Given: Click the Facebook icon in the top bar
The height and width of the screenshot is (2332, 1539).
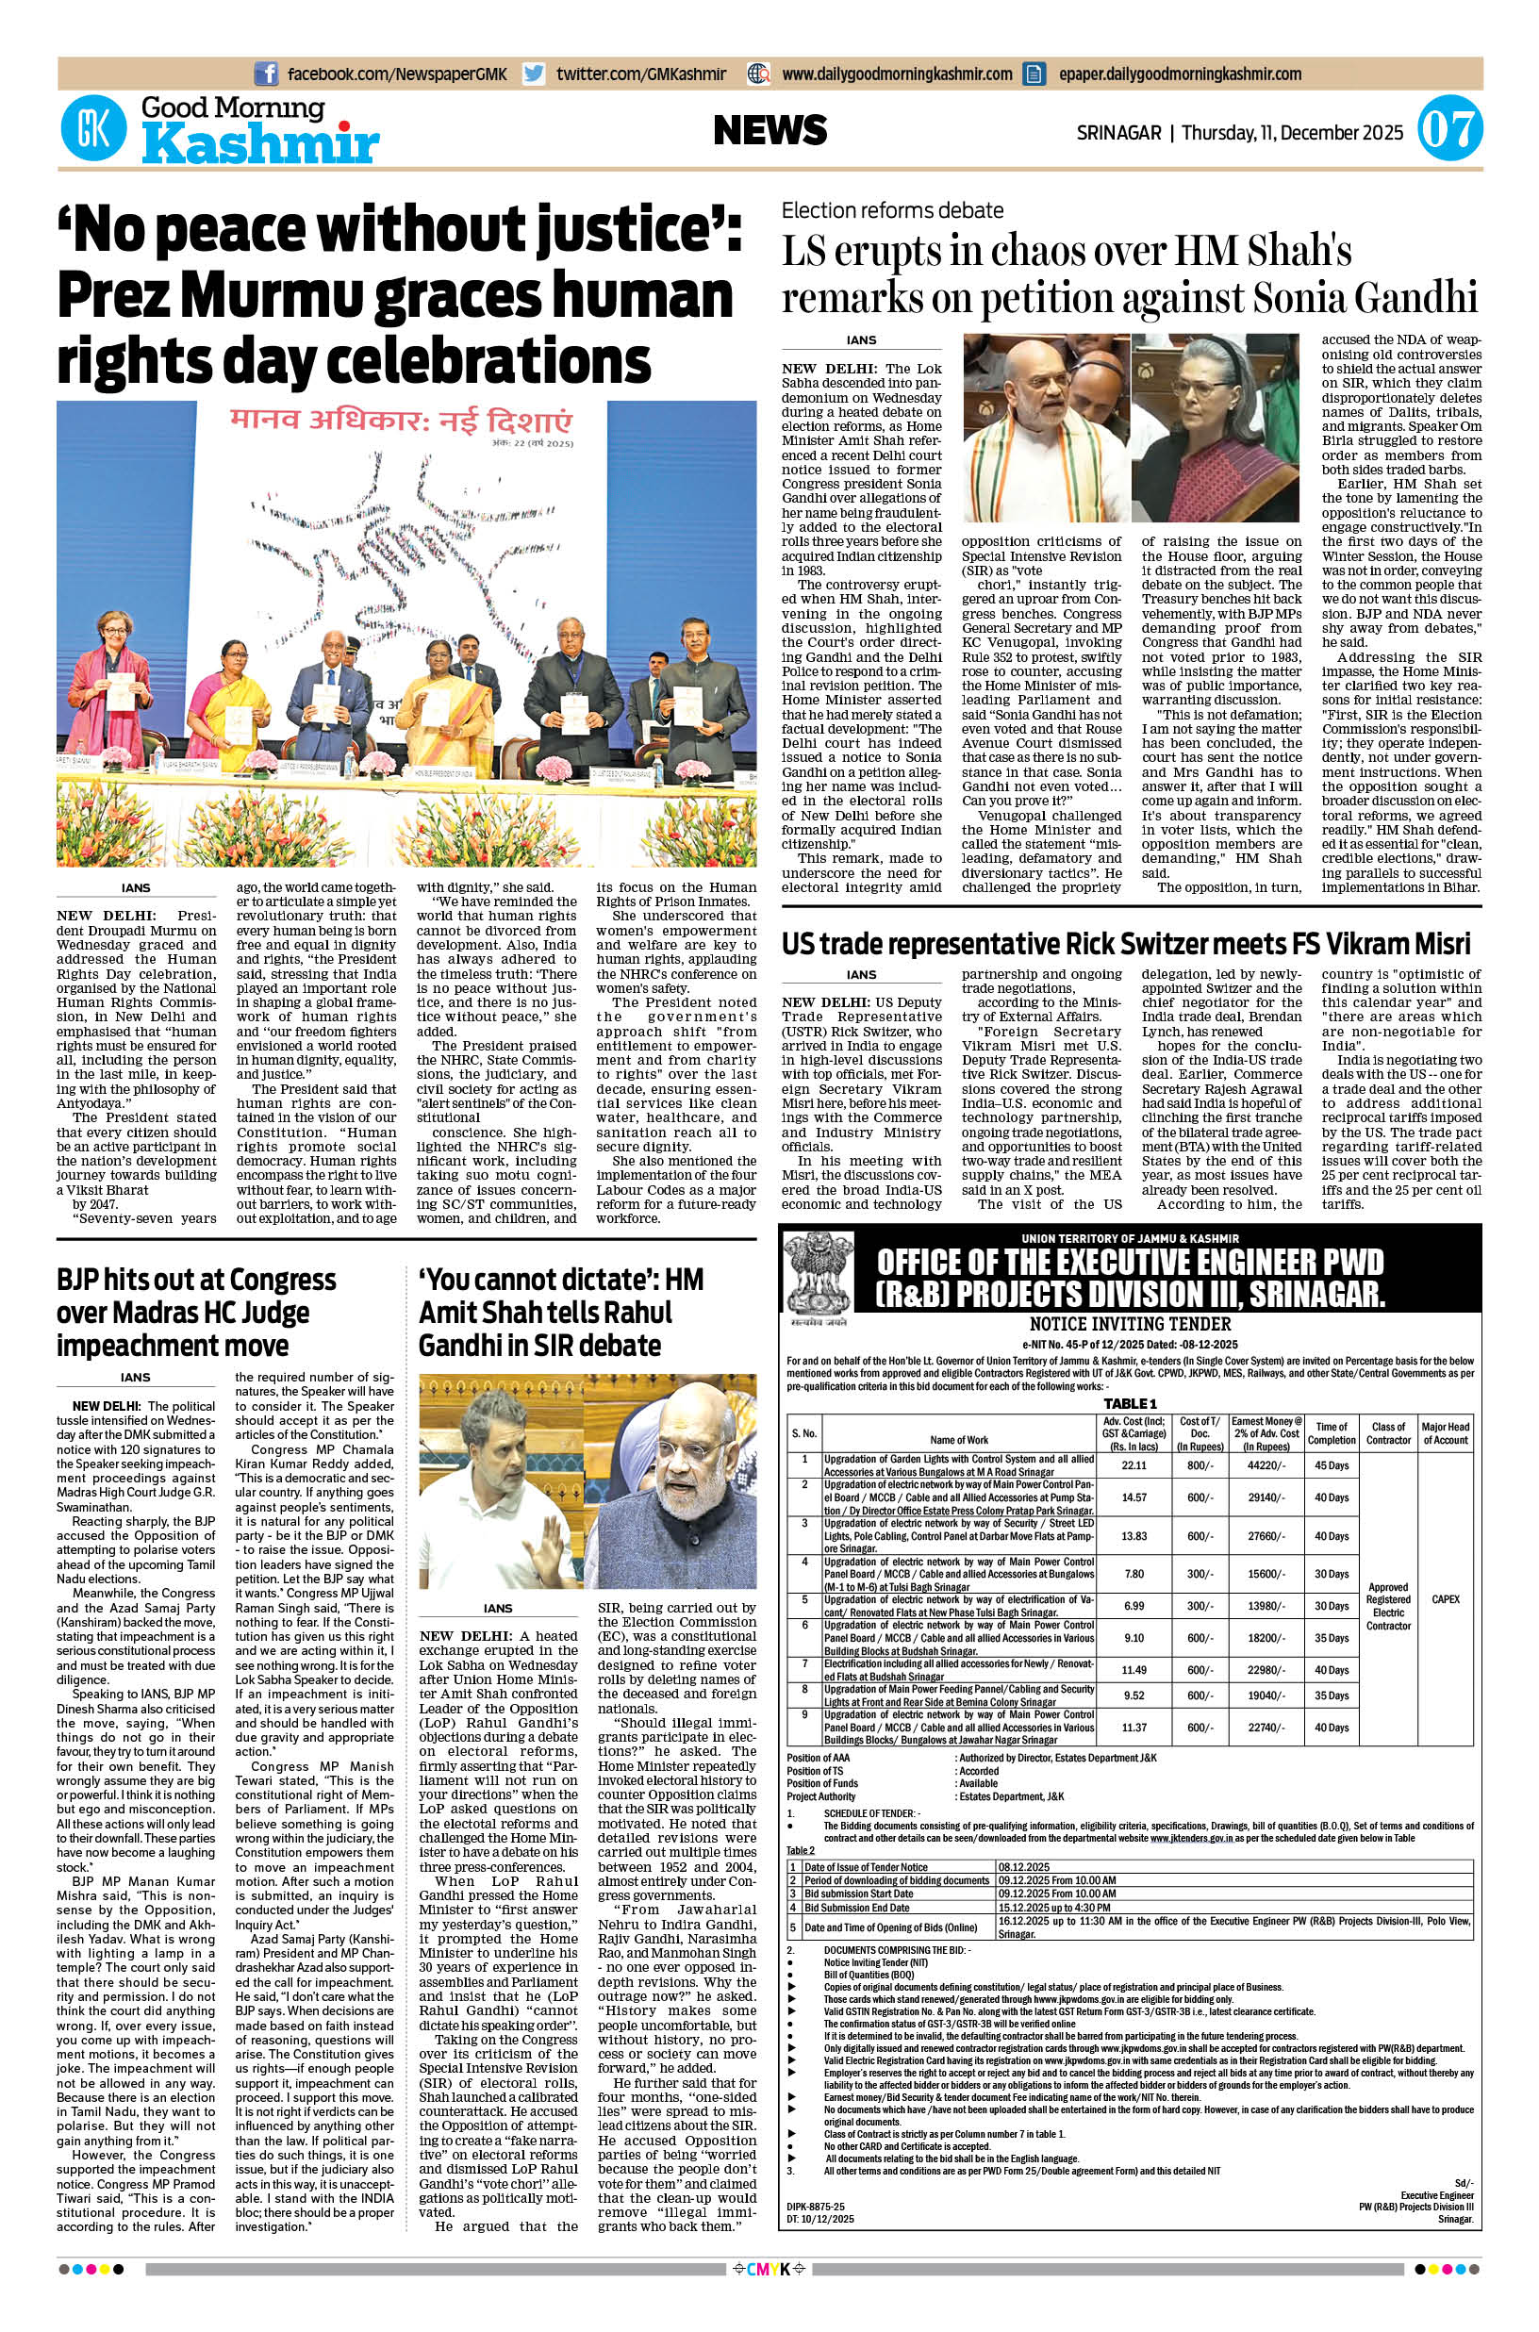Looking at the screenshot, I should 265,74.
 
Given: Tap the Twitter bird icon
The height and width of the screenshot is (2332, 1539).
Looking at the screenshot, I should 534,74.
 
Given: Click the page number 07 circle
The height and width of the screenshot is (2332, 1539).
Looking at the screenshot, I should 1449,131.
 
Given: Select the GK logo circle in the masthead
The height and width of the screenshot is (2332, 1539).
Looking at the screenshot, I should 93,131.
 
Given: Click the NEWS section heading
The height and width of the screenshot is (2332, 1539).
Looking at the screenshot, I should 770,130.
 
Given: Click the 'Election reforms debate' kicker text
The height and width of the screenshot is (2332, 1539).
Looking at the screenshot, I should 892,210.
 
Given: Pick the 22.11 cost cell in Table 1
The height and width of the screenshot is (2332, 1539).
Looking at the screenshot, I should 1134,1465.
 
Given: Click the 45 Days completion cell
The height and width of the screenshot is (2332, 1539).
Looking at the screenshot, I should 1332,1465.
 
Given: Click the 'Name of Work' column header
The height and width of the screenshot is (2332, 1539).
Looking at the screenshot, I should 959,1440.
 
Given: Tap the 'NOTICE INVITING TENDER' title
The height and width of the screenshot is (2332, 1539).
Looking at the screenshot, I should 1130,1325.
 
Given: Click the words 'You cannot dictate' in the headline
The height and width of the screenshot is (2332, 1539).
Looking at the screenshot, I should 539,1280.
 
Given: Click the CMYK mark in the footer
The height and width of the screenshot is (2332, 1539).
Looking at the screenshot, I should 769,2297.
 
